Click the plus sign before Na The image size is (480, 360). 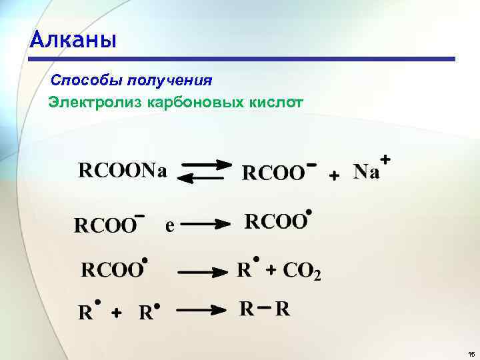coord(335,174)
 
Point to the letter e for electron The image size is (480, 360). coord(170,227)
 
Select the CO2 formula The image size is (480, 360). coord(302,271)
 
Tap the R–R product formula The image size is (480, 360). coord(265,309)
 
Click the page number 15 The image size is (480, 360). coord(471,353)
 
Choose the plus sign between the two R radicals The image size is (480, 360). coord(116,313)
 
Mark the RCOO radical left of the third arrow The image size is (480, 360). coord(113,270)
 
